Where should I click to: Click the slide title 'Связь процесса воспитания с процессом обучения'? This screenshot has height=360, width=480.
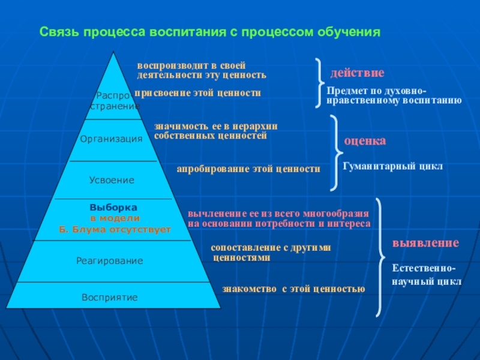coord(211,31)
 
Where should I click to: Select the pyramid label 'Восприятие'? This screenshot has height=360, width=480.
coord(110,297)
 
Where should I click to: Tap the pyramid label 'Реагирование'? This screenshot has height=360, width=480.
coord(110,261)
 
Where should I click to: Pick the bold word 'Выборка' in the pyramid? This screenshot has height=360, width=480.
coord(114,206)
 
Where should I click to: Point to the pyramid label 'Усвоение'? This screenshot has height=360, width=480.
coord(112,180)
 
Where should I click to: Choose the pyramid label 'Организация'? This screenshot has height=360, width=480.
coord(112,139)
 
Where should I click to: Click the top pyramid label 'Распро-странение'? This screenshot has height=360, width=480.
coord(114,100)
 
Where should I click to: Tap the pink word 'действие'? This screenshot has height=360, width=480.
coord(357,73)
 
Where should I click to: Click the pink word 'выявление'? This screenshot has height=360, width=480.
coord(425,243)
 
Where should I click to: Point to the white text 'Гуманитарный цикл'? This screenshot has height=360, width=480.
coord(392,166)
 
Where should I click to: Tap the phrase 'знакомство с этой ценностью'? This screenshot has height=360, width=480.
coord(293,289)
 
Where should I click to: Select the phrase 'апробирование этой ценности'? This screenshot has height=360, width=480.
coord(248,169)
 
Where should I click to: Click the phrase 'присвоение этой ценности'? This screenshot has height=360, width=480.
coord(198,93)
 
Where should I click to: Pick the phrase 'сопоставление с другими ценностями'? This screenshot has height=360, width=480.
coord(270,252)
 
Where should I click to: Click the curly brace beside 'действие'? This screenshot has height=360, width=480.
coord(319,83)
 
